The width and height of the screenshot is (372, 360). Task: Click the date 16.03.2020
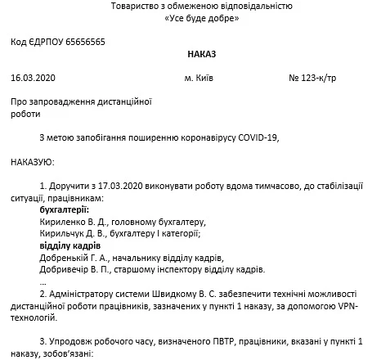tap(34, 79)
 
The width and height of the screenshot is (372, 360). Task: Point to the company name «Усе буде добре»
tap(186, 18)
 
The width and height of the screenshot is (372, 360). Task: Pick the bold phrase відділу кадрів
tap(70, 245)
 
